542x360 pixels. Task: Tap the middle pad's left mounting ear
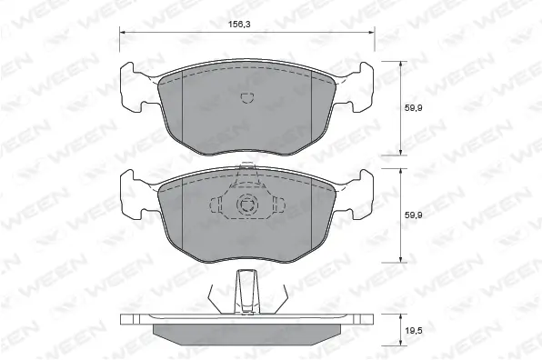135,193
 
